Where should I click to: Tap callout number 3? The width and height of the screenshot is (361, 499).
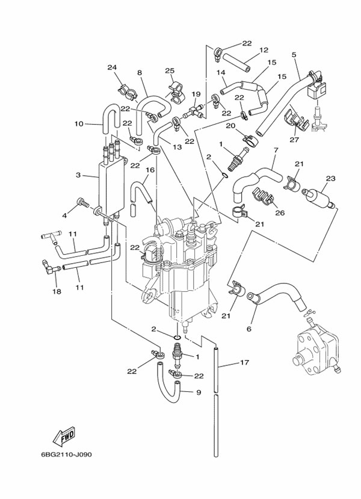click(78, 175)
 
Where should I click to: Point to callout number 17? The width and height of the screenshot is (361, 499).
click(244, 362)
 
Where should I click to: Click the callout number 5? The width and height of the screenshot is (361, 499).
click(294, 55)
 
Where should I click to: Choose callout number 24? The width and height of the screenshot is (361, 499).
click(111, 67)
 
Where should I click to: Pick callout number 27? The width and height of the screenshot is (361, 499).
click(294, 140)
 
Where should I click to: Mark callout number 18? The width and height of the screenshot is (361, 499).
click(57, 291)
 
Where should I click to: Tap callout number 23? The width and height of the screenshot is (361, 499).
click(330, 178)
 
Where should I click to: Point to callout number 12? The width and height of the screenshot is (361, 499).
click(264, 50)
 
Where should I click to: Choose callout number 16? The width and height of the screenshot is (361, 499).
click(150, 170)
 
